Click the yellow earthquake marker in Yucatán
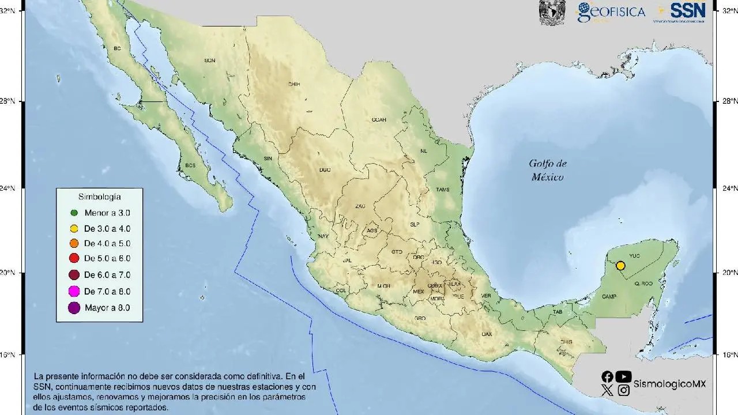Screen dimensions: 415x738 620,266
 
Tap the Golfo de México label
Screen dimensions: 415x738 547,170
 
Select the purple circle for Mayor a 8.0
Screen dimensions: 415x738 74,308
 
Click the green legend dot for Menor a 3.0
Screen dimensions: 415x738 74,213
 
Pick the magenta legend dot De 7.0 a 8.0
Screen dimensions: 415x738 74,292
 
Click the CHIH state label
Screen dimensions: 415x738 294,84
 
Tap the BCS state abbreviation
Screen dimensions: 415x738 190,165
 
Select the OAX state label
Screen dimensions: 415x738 487,334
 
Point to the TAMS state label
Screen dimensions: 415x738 442,190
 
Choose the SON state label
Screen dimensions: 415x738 210,61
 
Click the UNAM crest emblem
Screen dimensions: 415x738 552,12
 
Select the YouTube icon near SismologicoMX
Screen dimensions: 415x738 623,376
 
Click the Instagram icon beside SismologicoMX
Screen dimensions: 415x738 623,390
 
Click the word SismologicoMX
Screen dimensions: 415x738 669,384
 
